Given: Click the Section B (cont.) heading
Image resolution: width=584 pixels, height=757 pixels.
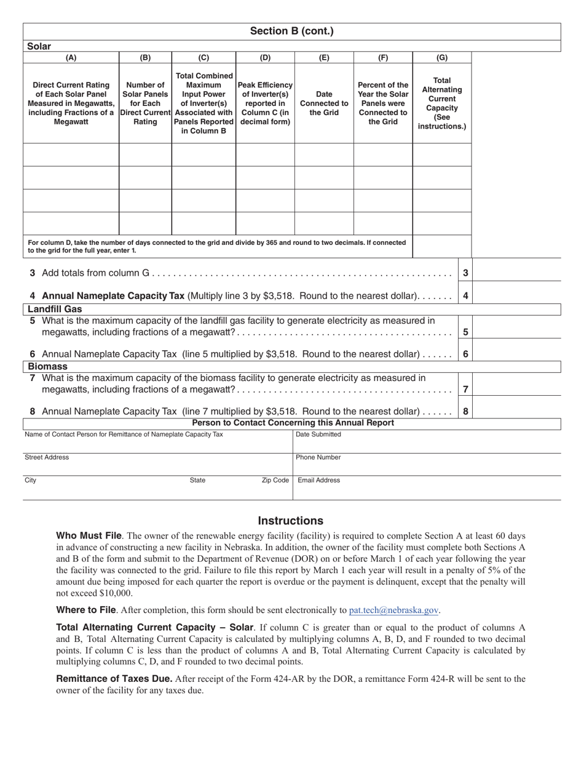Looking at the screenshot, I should pos(291,31).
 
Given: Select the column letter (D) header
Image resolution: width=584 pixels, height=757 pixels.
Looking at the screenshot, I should pos(265,58).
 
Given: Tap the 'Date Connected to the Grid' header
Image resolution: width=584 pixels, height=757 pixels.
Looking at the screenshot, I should pos(324,103).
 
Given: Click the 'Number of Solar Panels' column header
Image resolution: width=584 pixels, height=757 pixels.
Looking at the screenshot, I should pos(145,103).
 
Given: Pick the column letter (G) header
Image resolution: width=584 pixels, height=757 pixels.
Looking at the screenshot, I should pos(442,58).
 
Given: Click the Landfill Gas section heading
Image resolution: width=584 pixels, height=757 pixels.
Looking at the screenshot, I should pos(55,309).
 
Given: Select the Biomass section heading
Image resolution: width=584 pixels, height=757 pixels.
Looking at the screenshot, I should pos(48,366).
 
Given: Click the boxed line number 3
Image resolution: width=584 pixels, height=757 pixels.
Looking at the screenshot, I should pos(466,273).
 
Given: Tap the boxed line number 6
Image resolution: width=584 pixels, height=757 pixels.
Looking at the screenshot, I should pos(466,354).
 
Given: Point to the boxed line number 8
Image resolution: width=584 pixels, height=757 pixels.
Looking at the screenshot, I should pos(466,411).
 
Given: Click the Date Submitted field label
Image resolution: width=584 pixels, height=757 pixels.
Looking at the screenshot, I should pos(318,435).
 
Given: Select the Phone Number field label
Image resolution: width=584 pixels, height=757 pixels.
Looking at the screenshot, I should pos(318,457).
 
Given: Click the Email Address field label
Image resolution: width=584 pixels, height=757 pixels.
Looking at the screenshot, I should pos(318,480).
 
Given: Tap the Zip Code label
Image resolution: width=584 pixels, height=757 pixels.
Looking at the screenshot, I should pos(275,480).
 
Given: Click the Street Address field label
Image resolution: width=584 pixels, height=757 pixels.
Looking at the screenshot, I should pos(47,457).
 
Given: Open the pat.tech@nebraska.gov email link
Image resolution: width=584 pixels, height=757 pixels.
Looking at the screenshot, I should pos(393,611).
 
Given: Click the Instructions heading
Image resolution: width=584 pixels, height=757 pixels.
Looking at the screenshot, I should pos(290,521).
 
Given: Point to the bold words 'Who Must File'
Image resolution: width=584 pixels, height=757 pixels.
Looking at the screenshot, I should pos(89,535).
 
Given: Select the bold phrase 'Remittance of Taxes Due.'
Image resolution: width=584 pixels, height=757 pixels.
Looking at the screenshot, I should pos(114,679).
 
